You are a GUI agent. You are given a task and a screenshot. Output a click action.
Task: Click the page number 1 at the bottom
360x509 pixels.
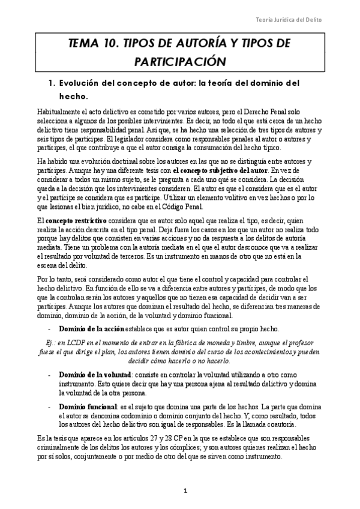click(x=186, y=492)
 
